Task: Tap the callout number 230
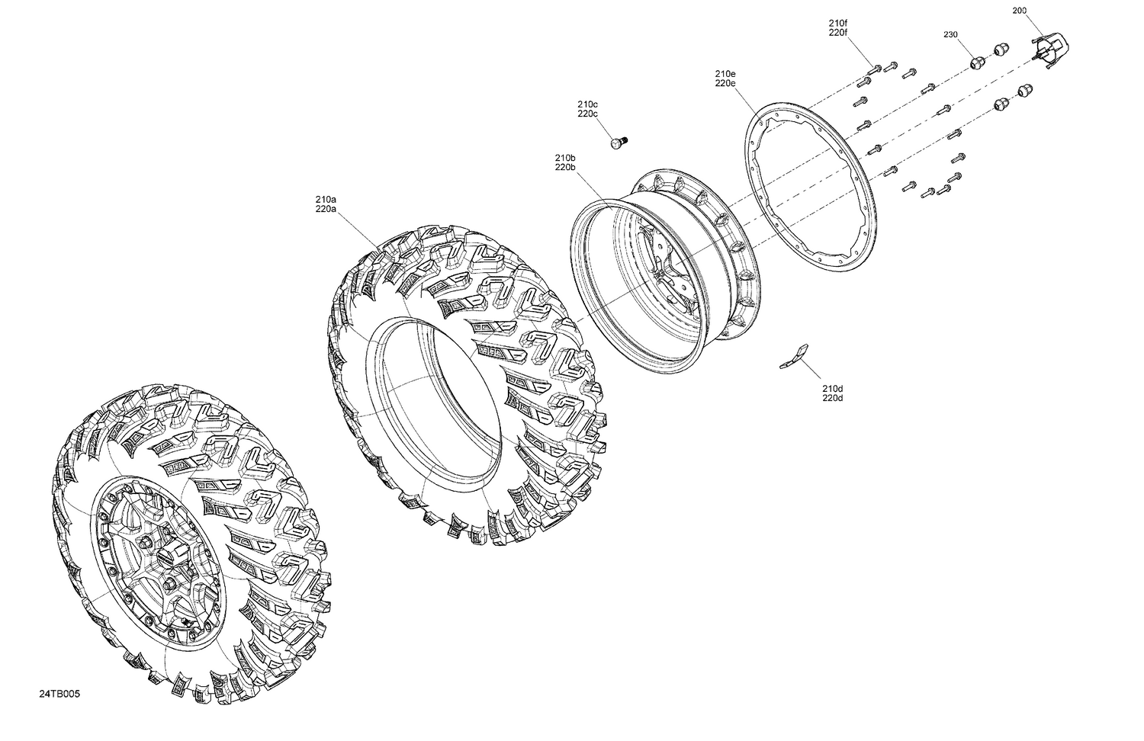[x=950, y=35]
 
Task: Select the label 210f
[x=837, y=23]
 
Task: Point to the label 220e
[x=725, y=83]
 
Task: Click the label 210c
[x=587, y=104]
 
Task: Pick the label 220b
[x=565, y=167]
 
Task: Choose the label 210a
[x=326, y=199]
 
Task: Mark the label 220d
[x=833, y=398]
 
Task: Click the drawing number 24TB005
[x=59, y=694]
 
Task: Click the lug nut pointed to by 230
[x=975, y=63]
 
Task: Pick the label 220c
[x=587, y=114]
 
